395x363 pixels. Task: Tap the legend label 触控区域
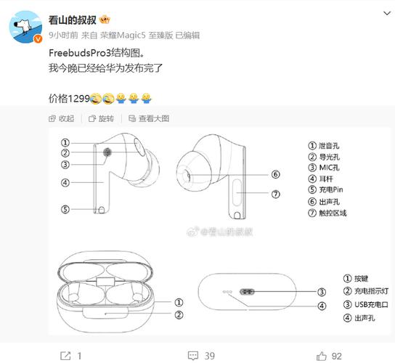(x=333, y=213)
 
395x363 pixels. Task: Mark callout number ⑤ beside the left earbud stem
(x=65, y=209)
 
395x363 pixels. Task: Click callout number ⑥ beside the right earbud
(x=276, y=174)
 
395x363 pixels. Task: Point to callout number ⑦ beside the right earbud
(x=276, y=194)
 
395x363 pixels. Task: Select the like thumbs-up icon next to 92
(x=321, y=355)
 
